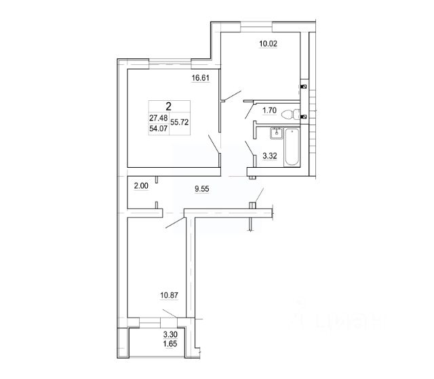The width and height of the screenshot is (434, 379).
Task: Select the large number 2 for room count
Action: click(168, 105)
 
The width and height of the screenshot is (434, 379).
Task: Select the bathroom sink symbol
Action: click(275, 133)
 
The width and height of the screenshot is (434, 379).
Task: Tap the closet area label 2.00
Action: click(140, 187)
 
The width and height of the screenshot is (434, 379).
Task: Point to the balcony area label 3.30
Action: click(170, 334)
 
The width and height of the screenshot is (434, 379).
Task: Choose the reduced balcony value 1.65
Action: click(170, 344)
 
